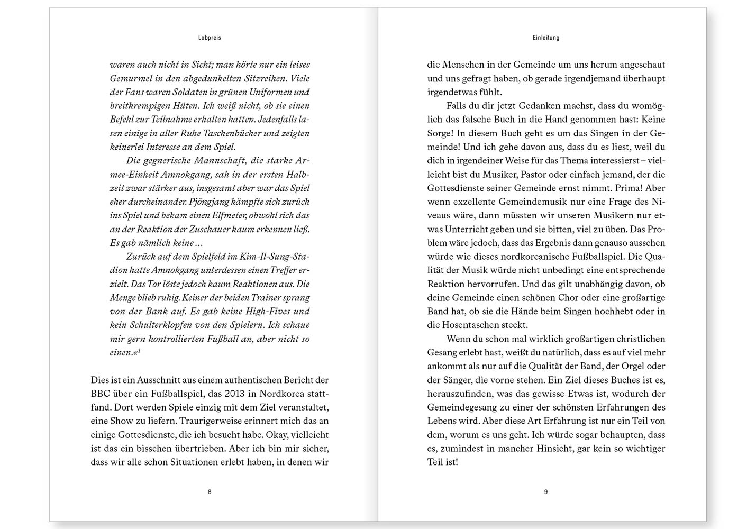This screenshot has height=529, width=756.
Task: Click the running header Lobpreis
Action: click(210, 38)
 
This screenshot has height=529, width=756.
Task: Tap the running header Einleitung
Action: click(546, 38)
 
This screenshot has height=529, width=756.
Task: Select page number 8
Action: click(210, 492)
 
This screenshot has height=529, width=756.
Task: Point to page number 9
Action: click(546, 492)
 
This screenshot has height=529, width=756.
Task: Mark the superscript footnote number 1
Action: click(139, 351)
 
